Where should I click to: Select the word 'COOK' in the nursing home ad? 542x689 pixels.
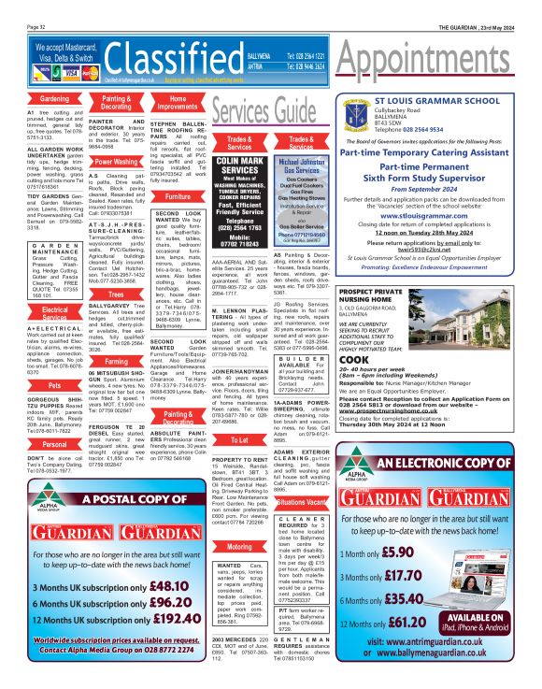pos(354,359)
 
